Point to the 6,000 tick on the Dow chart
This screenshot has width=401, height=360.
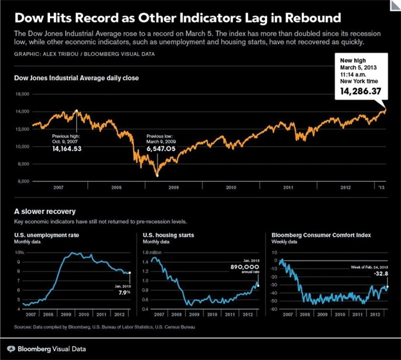(23, 181)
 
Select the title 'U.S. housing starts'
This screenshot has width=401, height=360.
(169, 235)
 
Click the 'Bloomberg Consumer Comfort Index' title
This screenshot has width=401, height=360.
(321, 235)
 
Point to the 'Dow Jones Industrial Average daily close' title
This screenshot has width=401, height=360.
(76, 78)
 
